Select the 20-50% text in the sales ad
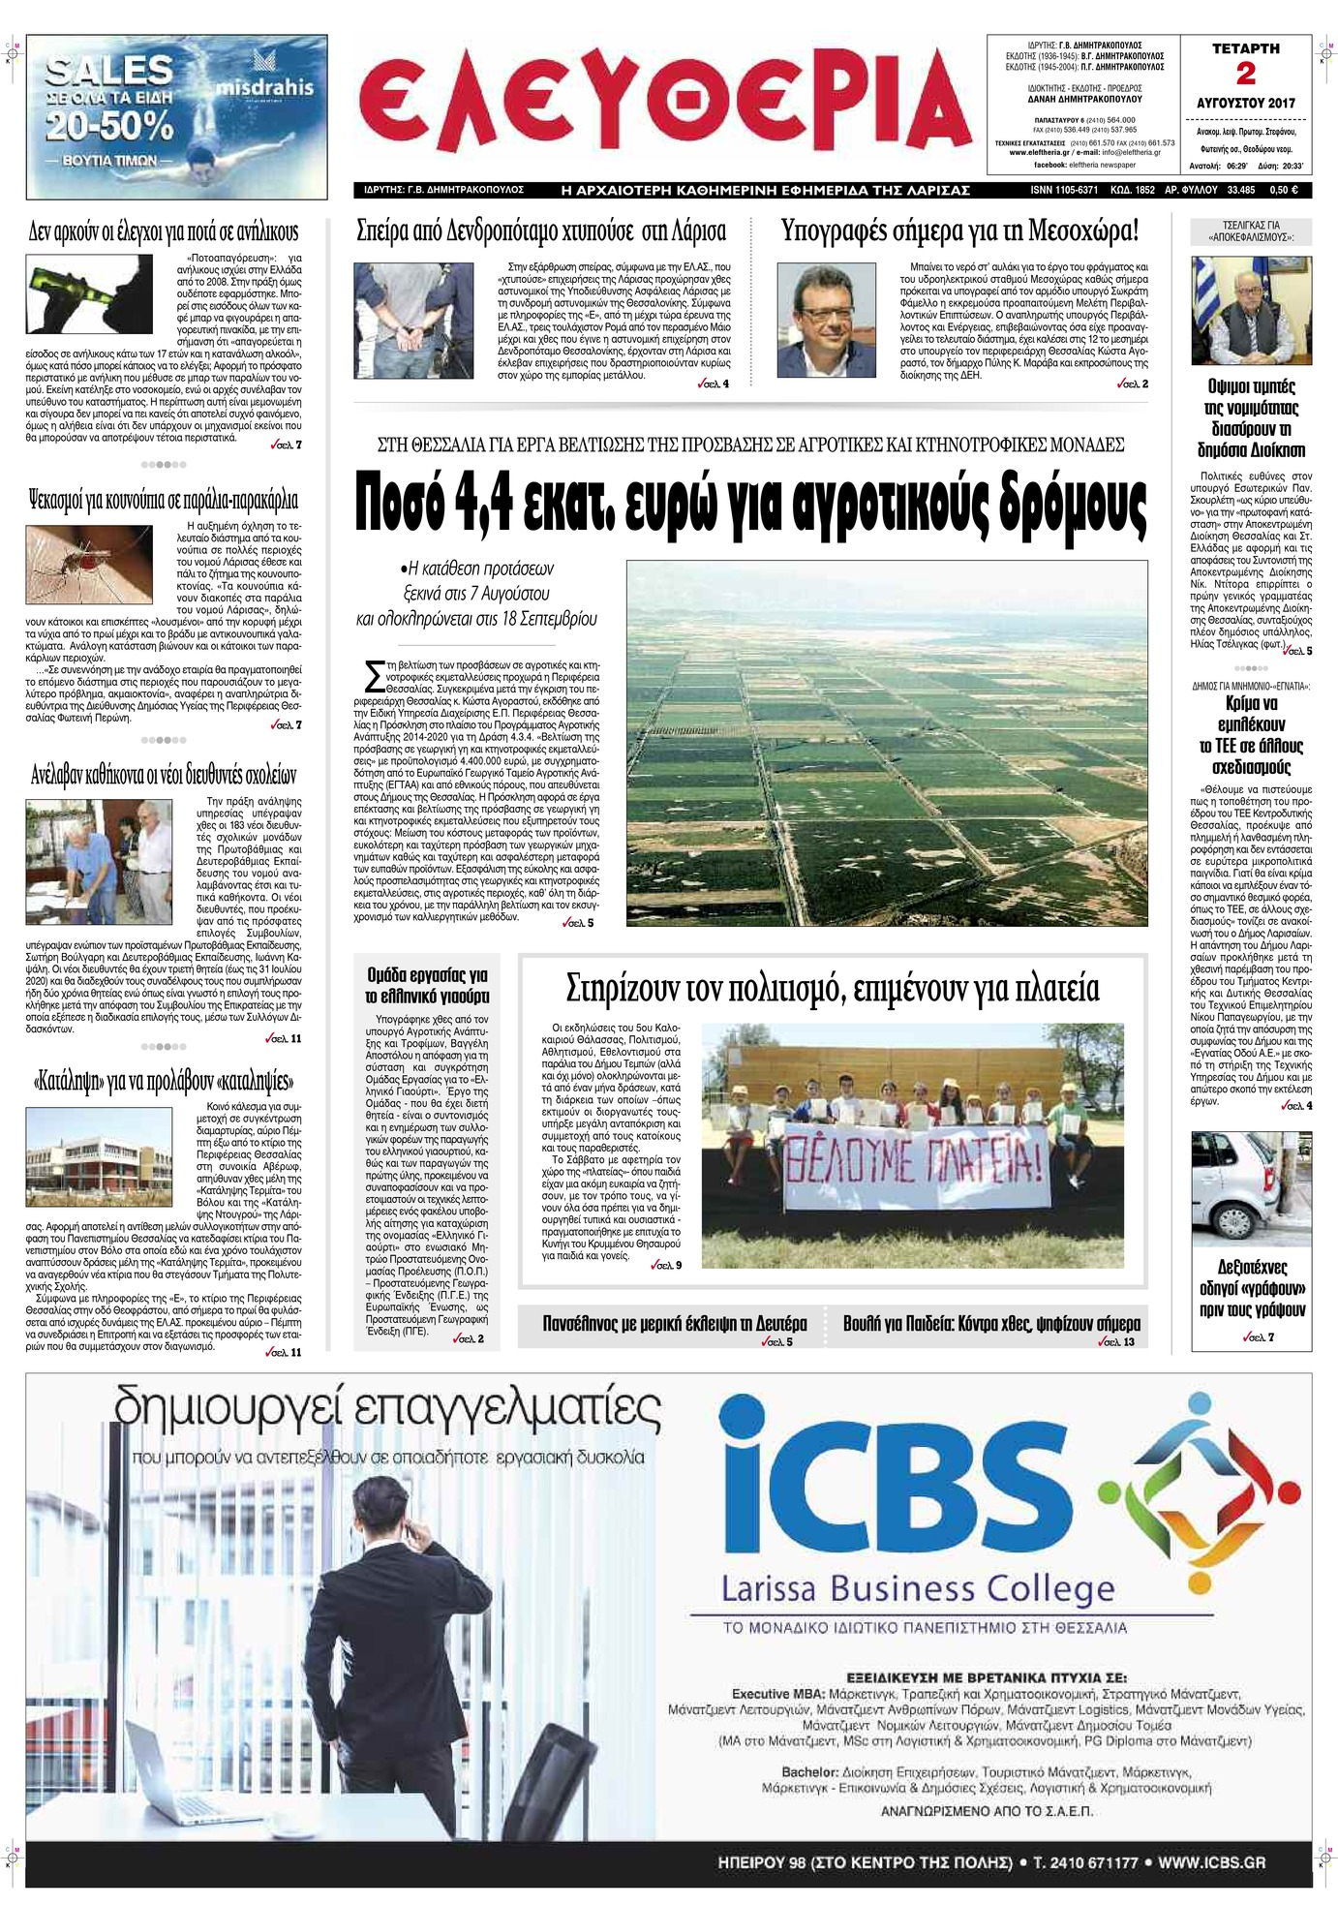(111, 125)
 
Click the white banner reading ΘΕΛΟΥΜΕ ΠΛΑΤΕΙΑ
(914, 1167)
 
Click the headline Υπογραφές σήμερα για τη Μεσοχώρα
(959, 231)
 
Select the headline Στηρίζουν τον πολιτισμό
(833, 989)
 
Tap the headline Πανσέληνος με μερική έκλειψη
(674, 1324)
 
